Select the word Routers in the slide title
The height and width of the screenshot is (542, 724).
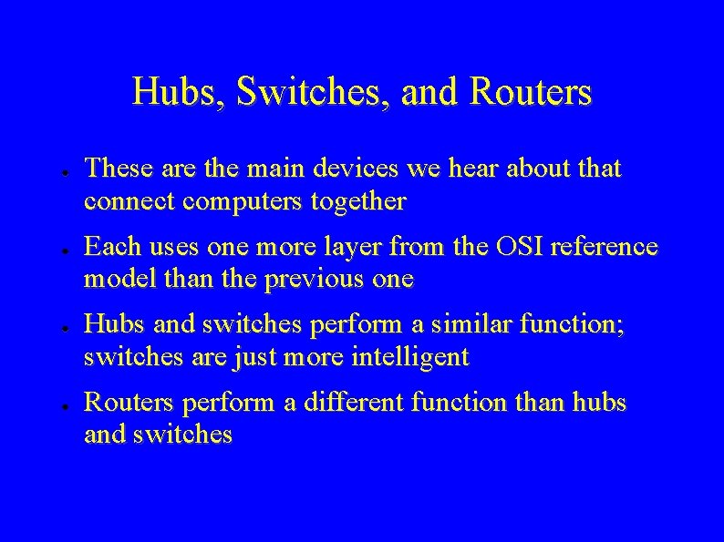pyautogui.click(x=530, y=92)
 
